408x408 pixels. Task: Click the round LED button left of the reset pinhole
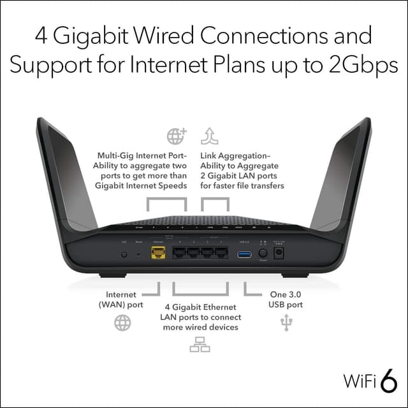[124, 254]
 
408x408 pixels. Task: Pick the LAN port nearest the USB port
[221, 253]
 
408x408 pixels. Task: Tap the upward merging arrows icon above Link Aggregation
[209, 136]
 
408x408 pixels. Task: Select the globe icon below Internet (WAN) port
[122, 323]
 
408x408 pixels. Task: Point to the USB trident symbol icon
[284, 324]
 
